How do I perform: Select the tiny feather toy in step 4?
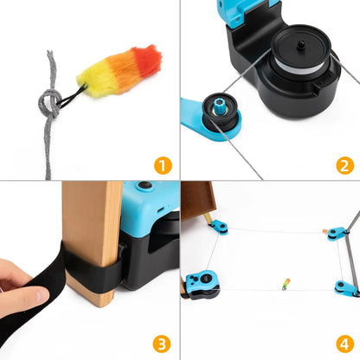click(x=285, y=283)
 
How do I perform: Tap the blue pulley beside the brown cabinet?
click(x=219, y=228)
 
